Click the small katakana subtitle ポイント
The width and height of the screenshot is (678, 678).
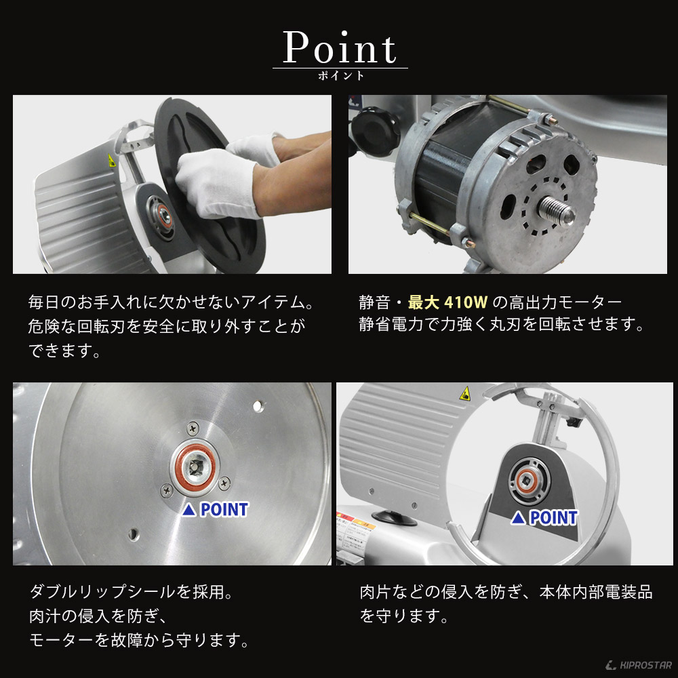(340, 75)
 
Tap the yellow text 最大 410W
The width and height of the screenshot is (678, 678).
(450, 301)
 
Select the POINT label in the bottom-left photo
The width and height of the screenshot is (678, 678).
(216, 509)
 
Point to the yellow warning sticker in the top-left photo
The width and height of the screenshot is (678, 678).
(111, 161)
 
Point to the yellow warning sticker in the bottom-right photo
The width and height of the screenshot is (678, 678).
(464, 393)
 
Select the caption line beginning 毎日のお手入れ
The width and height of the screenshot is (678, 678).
(173, 301)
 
